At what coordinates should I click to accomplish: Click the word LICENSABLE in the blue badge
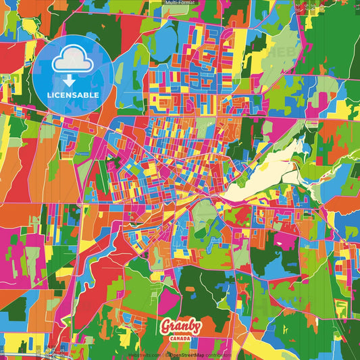pos(73,95)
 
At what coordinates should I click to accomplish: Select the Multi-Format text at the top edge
pos(180,3)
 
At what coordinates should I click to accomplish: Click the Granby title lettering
pos(180,326)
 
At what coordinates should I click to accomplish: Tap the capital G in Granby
pos(165,326)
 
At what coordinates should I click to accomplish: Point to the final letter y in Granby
pos(197,328)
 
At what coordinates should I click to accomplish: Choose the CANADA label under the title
pos(180,338)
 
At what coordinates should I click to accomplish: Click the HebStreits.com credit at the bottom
pos(145,354)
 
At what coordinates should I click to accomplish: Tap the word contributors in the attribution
pos(217,354)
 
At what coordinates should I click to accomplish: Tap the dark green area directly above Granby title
pos(196,284)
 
